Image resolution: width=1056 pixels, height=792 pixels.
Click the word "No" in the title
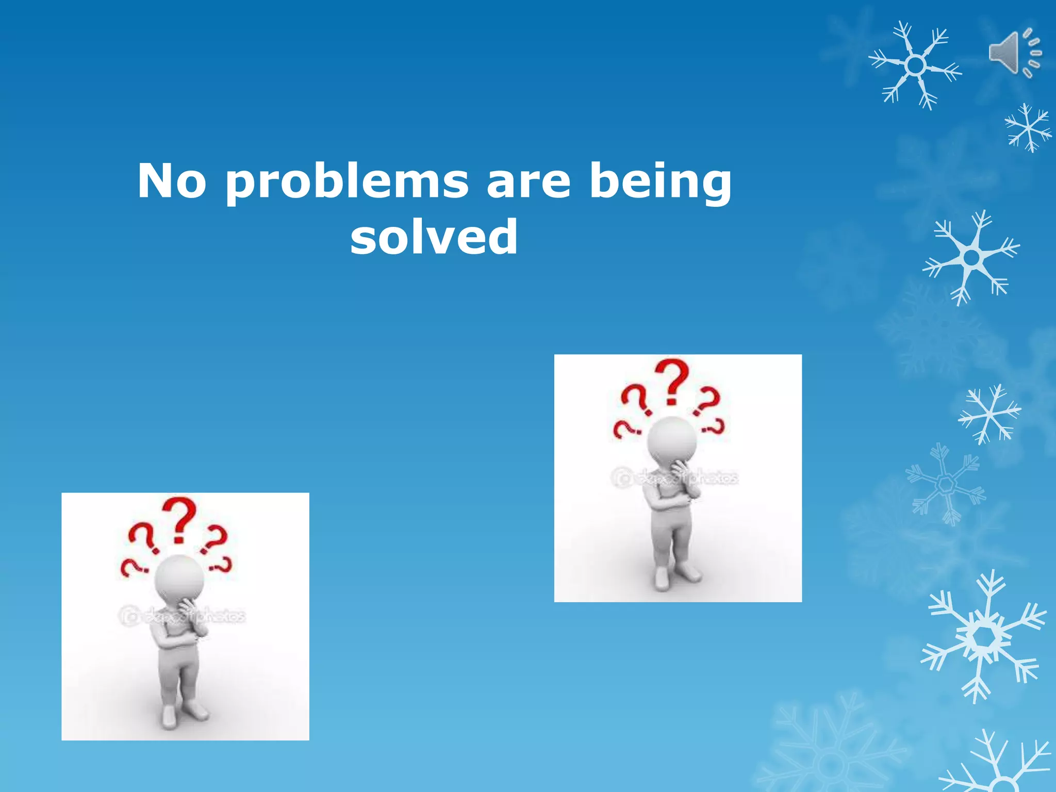tap(172, 181)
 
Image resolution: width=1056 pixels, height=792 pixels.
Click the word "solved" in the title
tap(434, 237)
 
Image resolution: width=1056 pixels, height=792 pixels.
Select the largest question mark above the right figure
tap(672, 382)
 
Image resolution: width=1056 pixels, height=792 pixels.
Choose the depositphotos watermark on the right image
tap(675, 478)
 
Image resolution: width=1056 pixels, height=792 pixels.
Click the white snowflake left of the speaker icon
tap(915, 65)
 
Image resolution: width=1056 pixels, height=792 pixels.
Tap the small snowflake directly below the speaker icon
tap(1028, 128)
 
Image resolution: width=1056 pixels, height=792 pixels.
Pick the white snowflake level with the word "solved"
tap(971, 257)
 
